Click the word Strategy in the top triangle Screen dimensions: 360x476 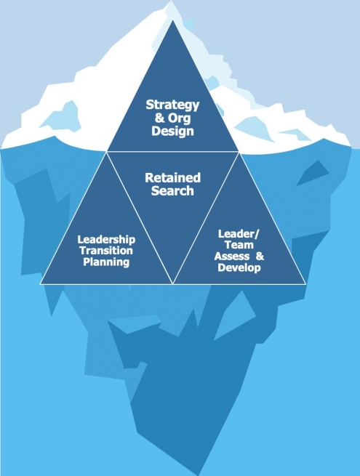point(172,105)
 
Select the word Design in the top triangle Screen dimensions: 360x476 point(172,131)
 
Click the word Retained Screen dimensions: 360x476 point(172,177)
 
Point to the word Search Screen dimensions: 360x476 point(172,190)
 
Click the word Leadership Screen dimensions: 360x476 point(106,240)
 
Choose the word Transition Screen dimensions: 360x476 point(106,251)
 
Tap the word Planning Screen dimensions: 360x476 point(106,262)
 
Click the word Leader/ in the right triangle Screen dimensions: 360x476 point(239,234)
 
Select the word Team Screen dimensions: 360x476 point(239,245)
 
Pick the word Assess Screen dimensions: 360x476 point(232,257)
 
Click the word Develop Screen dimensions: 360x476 point(239,267)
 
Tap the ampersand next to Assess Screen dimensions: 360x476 point(260,257)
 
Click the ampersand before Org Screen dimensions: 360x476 point(159,118)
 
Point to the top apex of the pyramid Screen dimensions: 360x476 point(173,20)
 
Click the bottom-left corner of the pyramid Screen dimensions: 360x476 point(40,284)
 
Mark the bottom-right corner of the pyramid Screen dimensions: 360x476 point(305,284)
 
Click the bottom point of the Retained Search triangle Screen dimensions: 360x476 point(173,284)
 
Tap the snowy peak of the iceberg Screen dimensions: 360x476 point(172,1)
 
